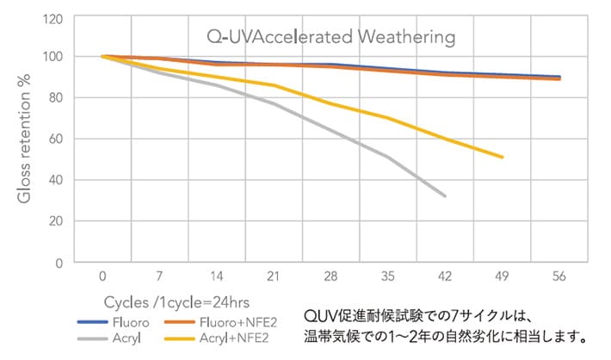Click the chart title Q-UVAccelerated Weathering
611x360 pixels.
330,37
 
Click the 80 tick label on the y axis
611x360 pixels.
55,98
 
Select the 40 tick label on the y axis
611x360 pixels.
55,180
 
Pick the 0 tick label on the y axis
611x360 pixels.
59,262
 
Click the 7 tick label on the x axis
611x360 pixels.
160,278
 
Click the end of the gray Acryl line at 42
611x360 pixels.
445,196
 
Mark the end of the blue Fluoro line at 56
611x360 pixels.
560,77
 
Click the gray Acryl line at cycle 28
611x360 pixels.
331,131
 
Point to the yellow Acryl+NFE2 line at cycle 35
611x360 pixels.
388,118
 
